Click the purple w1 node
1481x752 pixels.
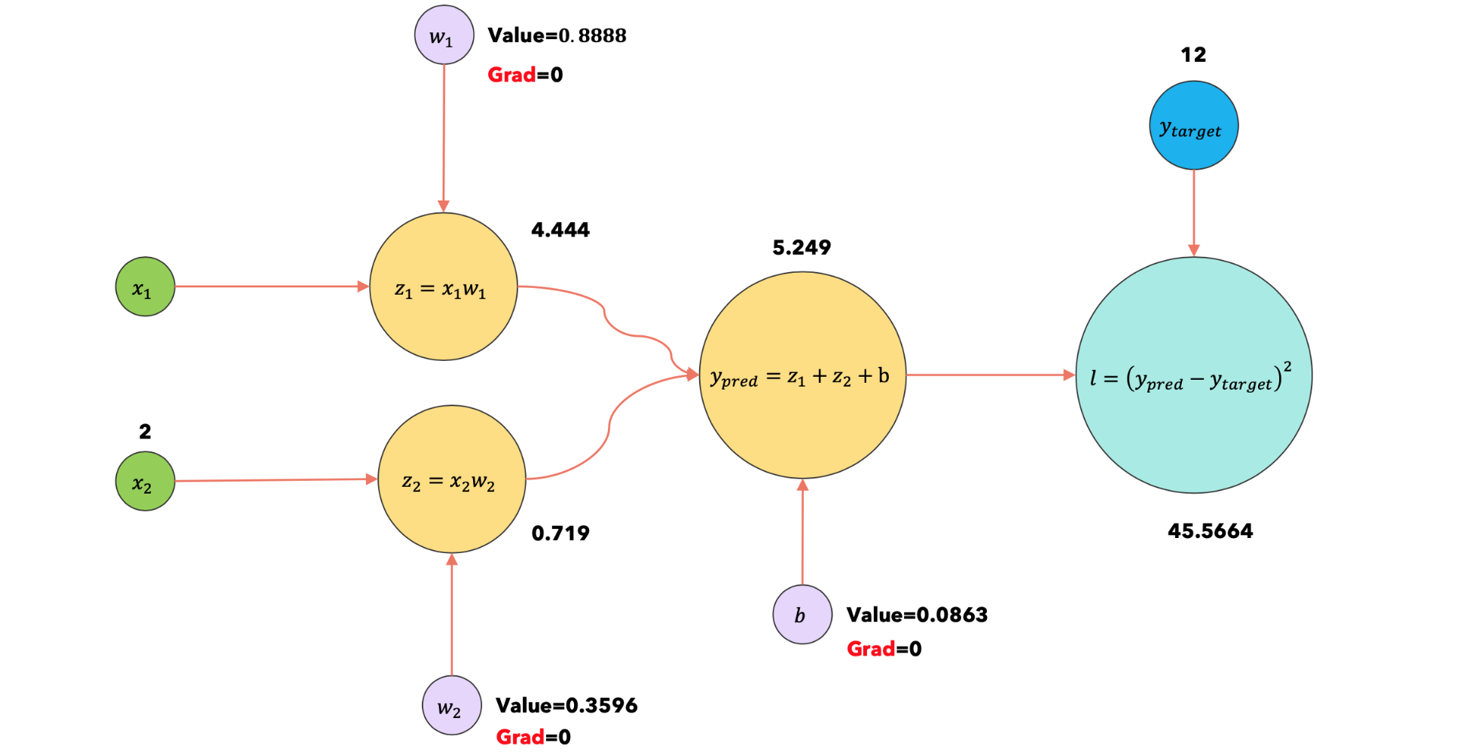coord(444,35)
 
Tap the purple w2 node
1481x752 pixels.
coord(451,705)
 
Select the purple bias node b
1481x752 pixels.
coord(802,615)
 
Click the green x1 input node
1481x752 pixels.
coord(145,287)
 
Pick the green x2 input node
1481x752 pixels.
coord(145,481)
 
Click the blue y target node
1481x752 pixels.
coord(1193,126)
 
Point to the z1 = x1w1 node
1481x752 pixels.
coord(443,287)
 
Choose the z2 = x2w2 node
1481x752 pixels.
coord(451,479)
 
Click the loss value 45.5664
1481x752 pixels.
coord(1210,531)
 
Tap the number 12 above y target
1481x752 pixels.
coord(1193,55)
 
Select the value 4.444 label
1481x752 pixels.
coord(560,230)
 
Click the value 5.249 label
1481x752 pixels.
coord(802,248)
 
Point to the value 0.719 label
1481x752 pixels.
coord(560,533)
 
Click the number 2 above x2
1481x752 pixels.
coord(145,432)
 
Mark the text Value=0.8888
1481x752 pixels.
coord(557,35)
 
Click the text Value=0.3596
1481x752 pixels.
coord(566,705)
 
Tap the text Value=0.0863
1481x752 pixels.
coord(917,615)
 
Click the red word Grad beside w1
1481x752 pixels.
coord(511,75)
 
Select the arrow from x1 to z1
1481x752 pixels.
coord(271,286)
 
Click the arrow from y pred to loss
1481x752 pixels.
coord(990,374)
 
